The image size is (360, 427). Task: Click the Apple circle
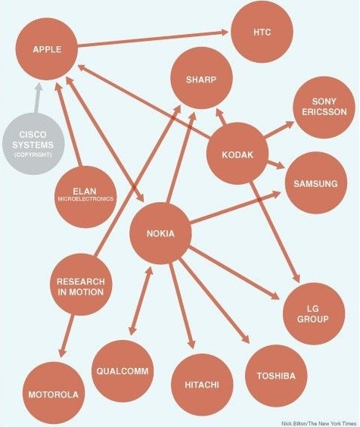[47, 49]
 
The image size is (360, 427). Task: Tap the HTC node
[262, 32]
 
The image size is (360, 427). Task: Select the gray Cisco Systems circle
[33, 144]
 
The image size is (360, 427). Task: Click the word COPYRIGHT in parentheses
[33, 154]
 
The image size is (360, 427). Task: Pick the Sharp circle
[202, 78]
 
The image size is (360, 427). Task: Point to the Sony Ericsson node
[324, 108]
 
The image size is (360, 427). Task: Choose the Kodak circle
[237, 154]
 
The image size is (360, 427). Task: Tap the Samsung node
[316, 182]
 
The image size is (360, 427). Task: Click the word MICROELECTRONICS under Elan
[85, 199]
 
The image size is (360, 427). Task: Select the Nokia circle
[160, 233]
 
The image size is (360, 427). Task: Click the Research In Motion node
[81, 285]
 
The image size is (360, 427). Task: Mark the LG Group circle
[314, 313]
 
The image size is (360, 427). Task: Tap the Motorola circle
[54, 393]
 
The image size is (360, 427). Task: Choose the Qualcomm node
[123, 371]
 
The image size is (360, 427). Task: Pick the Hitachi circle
[202, 385]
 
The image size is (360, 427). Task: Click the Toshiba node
[276, 376]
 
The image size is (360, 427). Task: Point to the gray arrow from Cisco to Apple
[38, 98]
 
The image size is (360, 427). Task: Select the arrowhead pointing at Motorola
[62, 352]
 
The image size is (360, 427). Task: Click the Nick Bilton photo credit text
[319, 424]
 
